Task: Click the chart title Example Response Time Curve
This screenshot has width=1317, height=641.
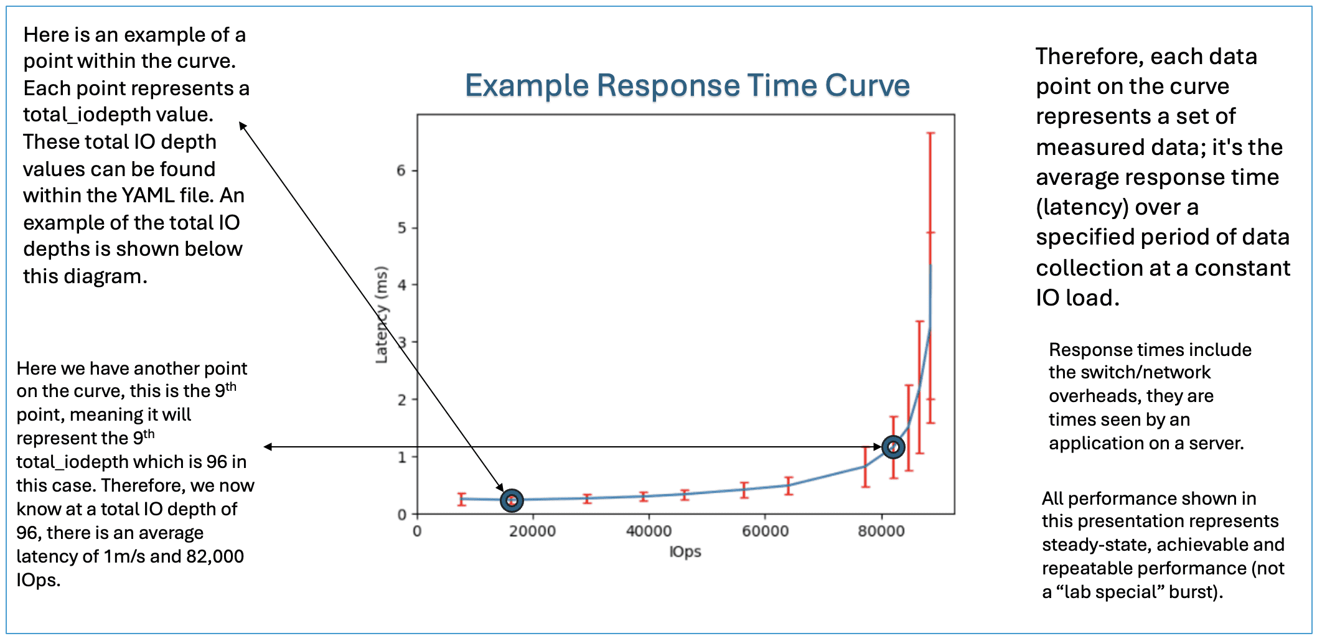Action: [687, 85]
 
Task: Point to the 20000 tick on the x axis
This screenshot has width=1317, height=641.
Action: [532, 531]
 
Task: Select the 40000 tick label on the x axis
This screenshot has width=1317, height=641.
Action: [649, 531]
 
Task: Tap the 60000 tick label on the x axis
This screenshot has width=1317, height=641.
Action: [765, 531]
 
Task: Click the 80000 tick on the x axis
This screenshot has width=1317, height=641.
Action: [881, 531]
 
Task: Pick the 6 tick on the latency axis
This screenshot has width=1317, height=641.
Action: [401, 171]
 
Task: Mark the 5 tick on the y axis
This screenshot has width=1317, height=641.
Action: [401, 228]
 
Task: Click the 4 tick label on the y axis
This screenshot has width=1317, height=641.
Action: [401, 285]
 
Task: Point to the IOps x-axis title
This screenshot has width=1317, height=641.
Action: [685, 551]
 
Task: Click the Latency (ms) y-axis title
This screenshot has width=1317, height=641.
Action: [382, 314]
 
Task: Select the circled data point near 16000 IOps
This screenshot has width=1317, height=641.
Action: [512, 500]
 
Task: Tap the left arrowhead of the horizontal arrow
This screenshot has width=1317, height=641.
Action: [268, 447]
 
